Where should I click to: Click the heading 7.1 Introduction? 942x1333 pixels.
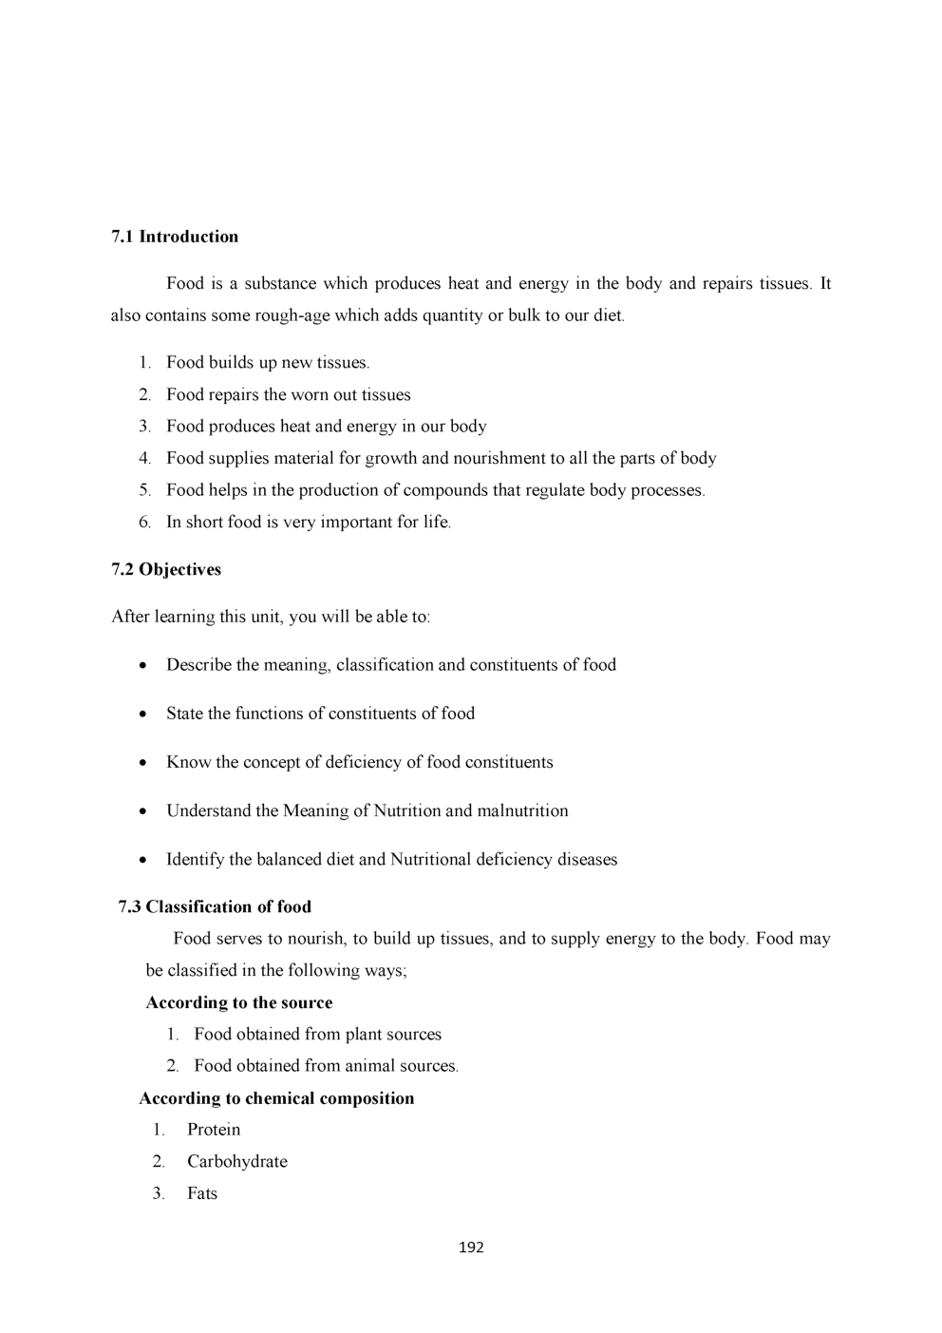[x=175, y=237]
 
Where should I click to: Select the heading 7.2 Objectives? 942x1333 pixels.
[x=166, y=569]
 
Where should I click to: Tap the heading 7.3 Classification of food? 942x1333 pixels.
[x=215, y=906]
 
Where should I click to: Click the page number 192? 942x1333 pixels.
[x=471, y=1247]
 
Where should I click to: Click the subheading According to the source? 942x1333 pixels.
[x=239, y=1002]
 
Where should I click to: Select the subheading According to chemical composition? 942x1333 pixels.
[x=276, y=1098]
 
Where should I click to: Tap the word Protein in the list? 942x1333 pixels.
[x=214, y=1130]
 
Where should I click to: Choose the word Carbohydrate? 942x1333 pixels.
[x=237, y=1161]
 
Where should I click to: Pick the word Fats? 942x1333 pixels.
[x=202, y=1193]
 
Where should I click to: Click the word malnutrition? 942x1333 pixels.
[x=522, y=810]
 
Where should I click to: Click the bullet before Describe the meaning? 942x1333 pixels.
[x=142, y=666]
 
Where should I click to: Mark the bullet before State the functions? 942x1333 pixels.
[x=142, y=714]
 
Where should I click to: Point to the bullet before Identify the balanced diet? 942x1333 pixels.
[x=142, y=861]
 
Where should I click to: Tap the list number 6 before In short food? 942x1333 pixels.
[x=144, y=522]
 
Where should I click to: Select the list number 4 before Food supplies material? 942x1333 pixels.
[x=144, y=458]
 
